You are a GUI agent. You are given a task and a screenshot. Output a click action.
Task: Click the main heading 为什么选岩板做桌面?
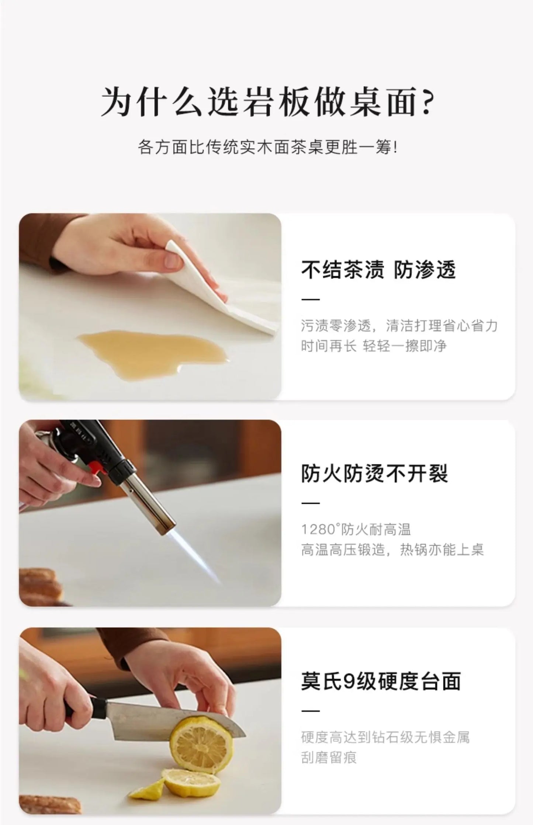tap(267, 101)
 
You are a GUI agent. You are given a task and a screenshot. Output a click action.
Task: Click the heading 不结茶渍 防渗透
tap(378, 270)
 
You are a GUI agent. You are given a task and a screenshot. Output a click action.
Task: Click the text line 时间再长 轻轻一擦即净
tap(373, 346)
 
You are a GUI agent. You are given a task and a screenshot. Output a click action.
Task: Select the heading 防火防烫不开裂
tap(374, 473)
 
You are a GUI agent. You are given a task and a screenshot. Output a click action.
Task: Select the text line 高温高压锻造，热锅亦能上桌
tap(392, 550)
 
